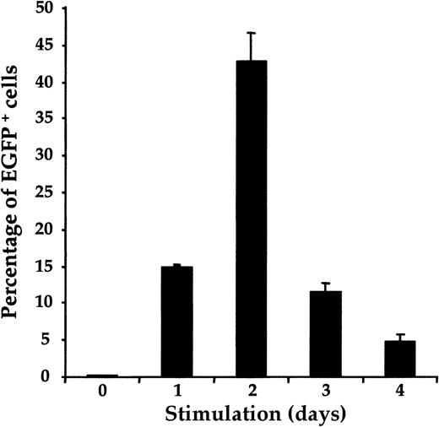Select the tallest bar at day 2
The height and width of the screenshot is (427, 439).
coord(251,219)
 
